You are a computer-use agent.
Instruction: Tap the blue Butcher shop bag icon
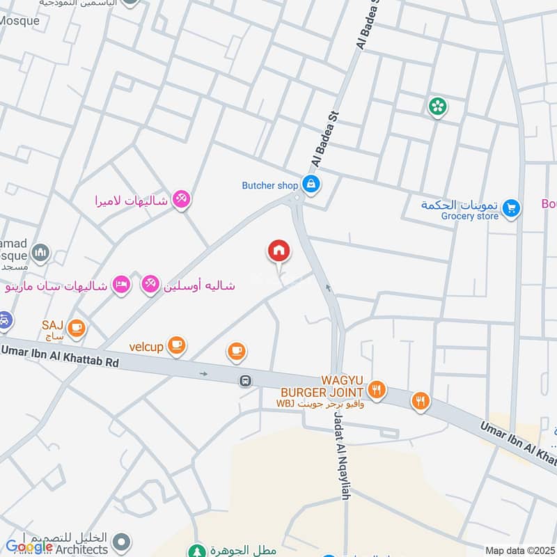pos(311,185)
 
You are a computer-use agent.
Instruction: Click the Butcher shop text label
pos(269,185)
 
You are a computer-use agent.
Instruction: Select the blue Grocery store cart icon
pos(511,207)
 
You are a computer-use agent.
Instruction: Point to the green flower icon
pos(438,106)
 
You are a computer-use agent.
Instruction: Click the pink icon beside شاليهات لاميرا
pos(181,199)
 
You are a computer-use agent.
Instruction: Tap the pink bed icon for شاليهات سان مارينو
pos(121,284)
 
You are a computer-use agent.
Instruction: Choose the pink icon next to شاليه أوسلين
pos(150,284)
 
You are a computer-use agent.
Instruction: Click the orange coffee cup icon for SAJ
pos(76,325)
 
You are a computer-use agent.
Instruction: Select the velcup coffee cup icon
pos(177,344)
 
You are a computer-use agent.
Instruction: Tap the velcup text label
pos(145,345)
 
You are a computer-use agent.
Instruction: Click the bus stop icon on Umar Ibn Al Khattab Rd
pos(245,381)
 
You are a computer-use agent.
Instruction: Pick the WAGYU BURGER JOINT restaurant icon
pos(377,390)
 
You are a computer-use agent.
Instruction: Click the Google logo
pos(29,547)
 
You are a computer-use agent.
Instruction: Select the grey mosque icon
pos(40,252)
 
